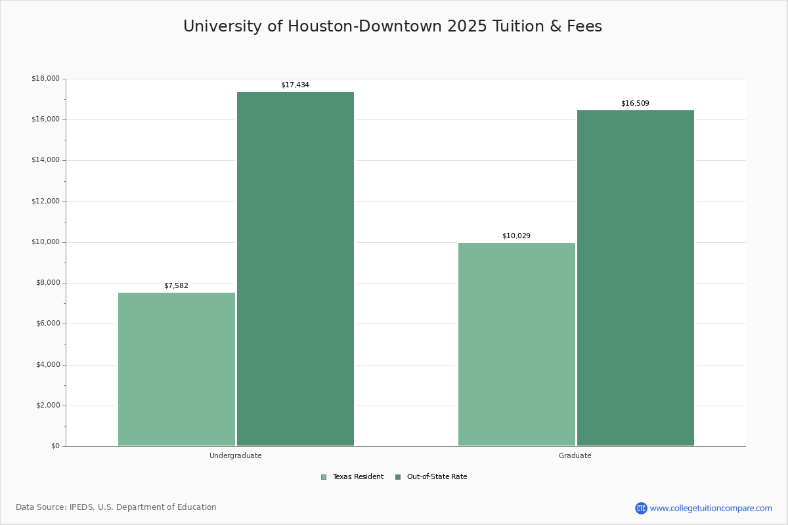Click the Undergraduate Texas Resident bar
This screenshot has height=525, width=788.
point(177,369)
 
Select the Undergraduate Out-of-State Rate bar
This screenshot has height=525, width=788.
point(295,269)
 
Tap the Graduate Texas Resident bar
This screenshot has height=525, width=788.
point(517,344)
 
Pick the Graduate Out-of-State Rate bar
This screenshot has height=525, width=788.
point(636,278)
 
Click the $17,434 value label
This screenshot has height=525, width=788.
point(295,85)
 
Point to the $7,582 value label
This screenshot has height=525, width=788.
point(176,286)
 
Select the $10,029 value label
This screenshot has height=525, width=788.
point(516,236)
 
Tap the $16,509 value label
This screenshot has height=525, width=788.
point(635,104)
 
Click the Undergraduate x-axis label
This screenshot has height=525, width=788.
point(236,455)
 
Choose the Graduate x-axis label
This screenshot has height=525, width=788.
point(575,455)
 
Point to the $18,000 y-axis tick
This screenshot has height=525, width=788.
point(45,79)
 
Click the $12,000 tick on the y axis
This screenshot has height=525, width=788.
point(45,201)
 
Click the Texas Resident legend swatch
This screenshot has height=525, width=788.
point(324,477)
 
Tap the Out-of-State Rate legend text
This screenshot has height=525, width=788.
point(437,477)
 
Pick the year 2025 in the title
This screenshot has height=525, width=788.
point(469,26)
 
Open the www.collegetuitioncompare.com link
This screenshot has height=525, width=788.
point(711,508)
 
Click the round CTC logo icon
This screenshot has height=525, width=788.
point(641,508)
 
